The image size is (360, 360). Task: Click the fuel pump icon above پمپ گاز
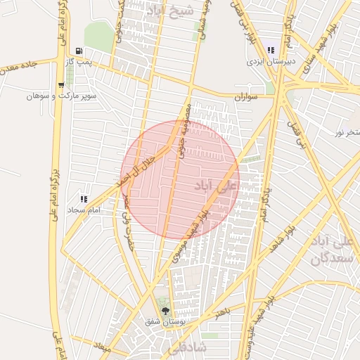(x=78, y=51)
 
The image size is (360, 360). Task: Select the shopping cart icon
(x=62, y=84)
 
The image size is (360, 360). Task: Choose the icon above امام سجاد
(x=84, y=199)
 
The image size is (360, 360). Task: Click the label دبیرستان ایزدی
(x=269, y=62)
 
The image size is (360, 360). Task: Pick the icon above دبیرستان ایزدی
(x=271, y=50)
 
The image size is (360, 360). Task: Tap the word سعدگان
(x=329, y=258)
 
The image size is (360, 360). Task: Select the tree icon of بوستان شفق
(x=166, y=309)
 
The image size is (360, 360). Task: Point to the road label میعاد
(x=103, y=347)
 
